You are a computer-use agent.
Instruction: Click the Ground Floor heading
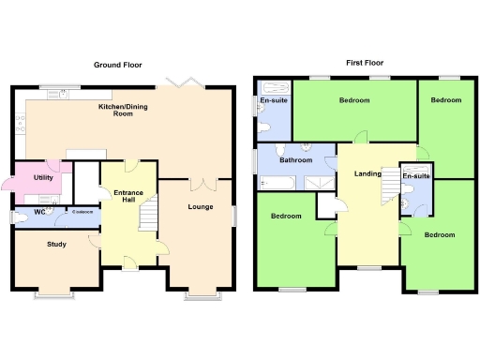click(117, 66)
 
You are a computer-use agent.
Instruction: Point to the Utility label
click(43, 176)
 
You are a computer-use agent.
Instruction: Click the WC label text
click(39, 213)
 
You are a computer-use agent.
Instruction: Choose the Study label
click(55, 245)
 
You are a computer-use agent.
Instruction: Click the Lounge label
click(201, 207)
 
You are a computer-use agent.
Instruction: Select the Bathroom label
click(294, 160)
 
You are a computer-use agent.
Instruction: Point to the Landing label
click(367, 174)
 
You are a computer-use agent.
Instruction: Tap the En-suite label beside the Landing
click(415, 176)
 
